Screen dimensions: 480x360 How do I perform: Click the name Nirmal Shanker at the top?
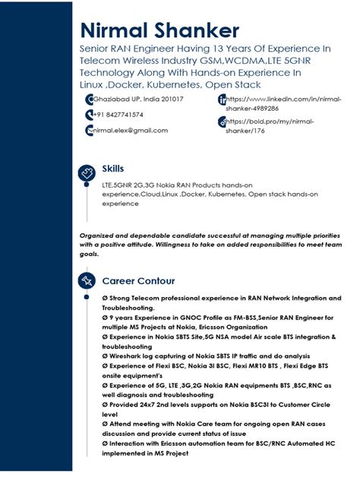point(159,30)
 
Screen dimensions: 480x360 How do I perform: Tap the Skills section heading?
point(113,169)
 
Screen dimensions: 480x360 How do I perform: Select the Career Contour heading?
point(138,281)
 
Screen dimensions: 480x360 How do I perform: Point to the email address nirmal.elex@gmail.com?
point(130,131)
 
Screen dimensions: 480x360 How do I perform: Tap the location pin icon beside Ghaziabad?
point(89,99)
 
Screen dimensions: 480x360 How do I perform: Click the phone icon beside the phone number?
point(89,115)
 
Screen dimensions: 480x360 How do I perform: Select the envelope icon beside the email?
point(89,131)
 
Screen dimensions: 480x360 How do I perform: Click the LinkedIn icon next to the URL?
point(222,99)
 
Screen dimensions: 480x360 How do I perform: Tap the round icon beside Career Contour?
point(86,282)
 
